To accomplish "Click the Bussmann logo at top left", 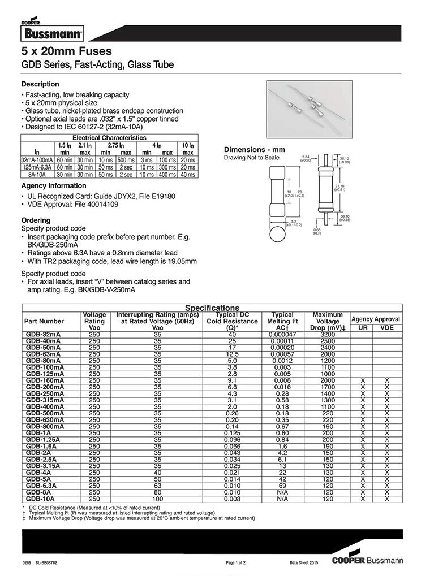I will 51,33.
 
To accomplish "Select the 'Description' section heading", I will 40,84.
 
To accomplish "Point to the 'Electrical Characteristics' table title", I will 109,138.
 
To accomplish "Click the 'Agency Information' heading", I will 54,186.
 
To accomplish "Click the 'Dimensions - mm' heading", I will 255,149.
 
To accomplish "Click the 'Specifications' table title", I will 212,308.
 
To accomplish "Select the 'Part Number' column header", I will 44,321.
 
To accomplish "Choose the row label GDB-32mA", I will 43,335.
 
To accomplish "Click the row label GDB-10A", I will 41,499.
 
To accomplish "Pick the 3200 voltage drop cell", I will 328,335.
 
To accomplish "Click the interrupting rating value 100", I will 157,499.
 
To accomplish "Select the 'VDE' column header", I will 387,328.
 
